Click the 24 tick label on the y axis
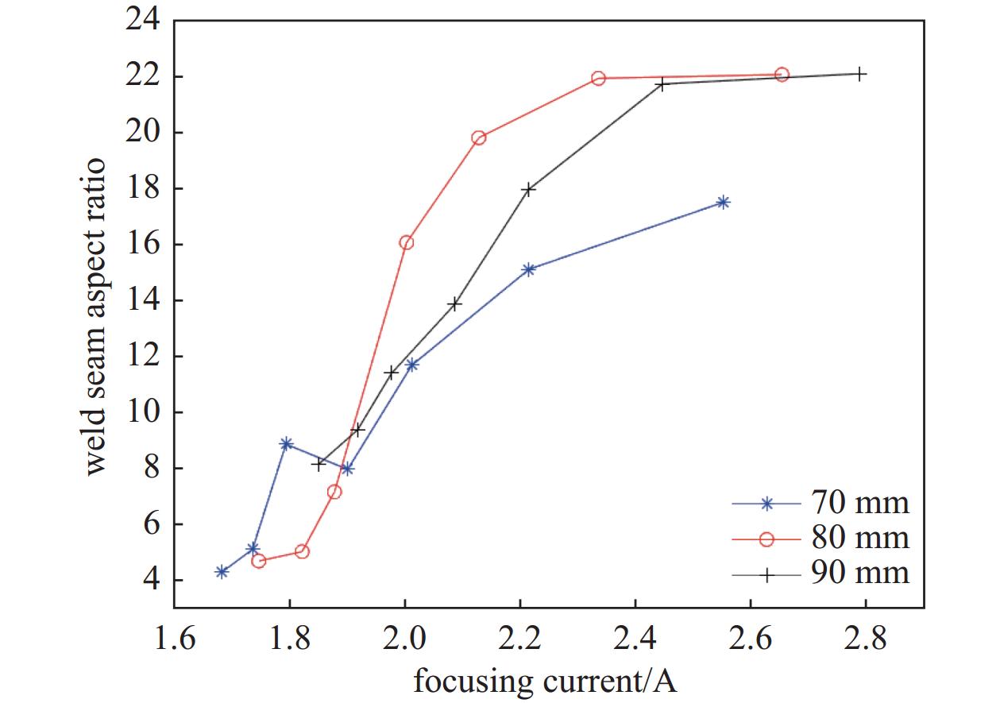tap(144, 21)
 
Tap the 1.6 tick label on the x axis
tap(174, 639)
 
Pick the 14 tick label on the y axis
tap(144, 301)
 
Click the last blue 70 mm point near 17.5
tap(723, 203)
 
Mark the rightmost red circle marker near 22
tap(782, 75)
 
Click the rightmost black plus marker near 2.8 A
tap(860, 74)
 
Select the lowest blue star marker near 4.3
tap(222, 572)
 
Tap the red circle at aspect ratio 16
tap(407, 243)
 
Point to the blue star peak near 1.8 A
tap(286, 443)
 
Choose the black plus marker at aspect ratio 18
tap(528, 189)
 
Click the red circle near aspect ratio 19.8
tap(479, 138)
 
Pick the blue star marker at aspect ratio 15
tap(530, 269)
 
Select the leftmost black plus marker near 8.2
tap(319, 464)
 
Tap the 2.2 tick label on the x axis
tap(519, 639)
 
